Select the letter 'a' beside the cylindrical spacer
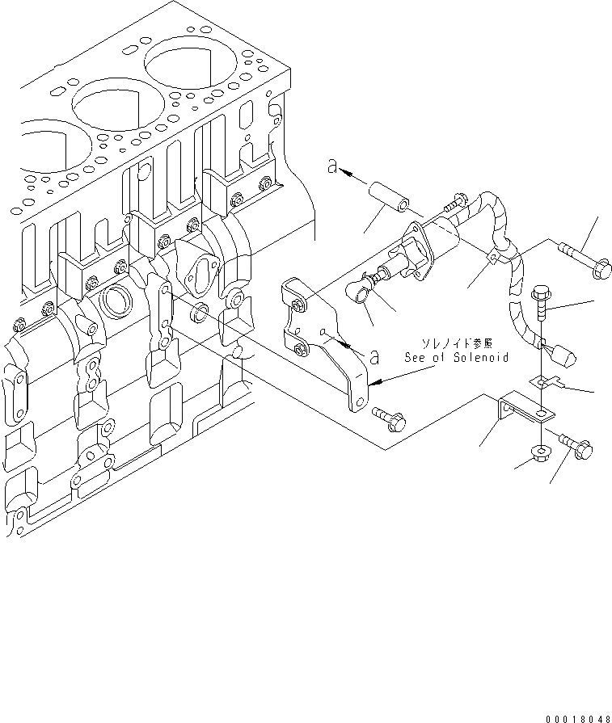point(331,167)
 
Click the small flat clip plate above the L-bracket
point(549,382)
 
